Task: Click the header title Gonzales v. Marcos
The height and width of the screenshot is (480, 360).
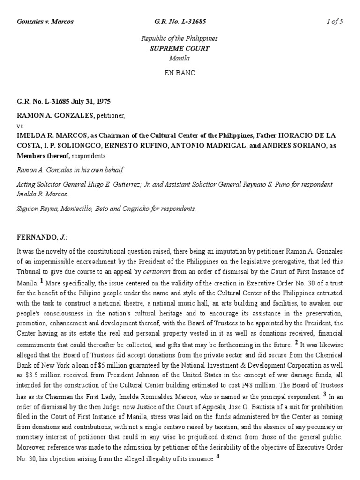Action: (45, 22)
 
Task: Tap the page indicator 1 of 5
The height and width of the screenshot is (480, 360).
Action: (335, 22)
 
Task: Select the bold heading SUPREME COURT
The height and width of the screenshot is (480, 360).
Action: (180, 48)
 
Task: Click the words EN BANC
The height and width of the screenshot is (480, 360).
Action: (180, 73)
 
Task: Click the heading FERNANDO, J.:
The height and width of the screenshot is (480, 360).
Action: (43, 238)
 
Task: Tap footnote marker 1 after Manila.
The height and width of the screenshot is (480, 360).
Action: (42, 281)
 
